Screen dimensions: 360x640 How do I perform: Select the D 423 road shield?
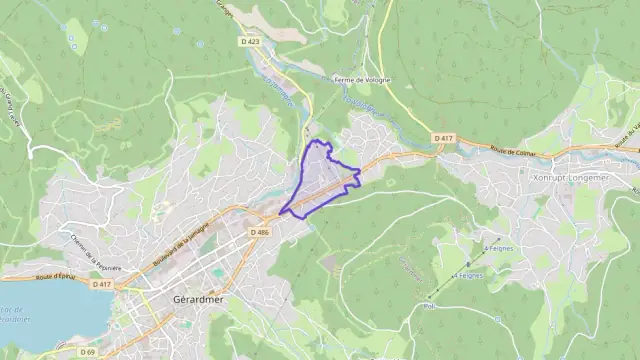tap(250, 41)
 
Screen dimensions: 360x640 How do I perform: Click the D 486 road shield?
tap(259, 232)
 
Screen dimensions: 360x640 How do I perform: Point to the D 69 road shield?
tap(89, 351)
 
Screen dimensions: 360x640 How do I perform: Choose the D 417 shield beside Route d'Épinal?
tap(101, 284)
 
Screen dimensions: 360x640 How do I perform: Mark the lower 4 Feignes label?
tap(468, 274)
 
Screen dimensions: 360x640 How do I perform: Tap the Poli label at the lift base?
tap(430, 307)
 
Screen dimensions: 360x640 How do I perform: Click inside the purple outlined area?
tap(322, 180)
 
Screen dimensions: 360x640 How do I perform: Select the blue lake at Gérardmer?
tap(50, 320)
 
